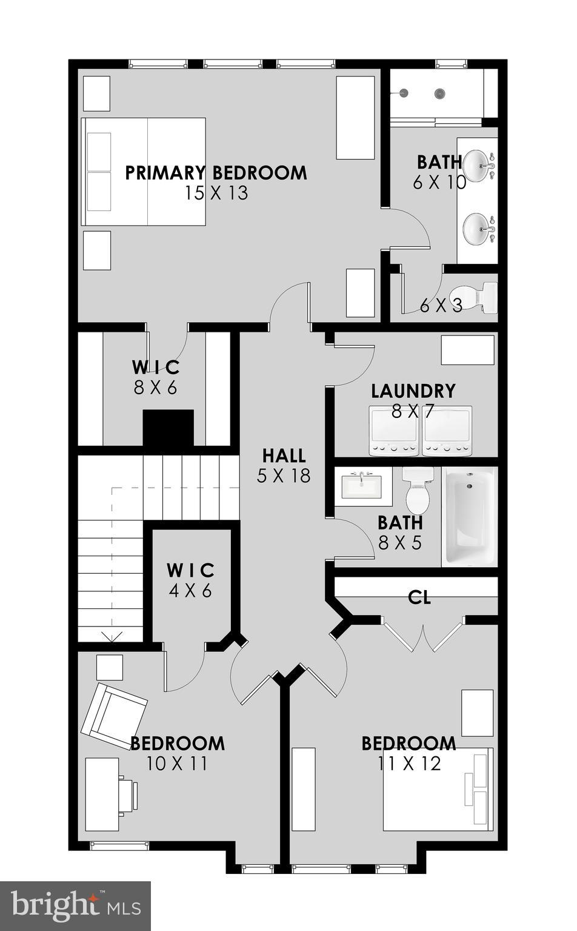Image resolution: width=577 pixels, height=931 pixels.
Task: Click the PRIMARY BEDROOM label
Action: [216, 173]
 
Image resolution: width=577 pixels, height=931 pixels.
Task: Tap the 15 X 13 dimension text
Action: [216, 193]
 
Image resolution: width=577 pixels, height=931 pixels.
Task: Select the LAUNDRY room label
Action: [413, 391]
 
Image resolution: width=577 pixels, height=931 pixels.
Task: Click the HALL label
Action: [284, 455]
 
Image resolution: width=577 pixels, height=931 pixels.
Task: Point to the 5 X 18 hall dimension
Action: [284, 476]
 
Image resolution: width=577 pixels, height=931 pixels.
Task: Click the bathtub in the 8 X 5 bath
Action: [469, 517]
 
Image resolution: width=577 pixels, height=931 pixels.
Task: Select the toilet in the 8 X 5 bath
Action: [417, 490]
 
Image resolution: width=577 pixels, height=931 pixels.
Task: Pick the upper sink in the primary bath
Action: [478, 163]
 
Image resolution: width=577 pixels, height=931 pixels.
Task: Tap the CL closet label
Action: [419, 598]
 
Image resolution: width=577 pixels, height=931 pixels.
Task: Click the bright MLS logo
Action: [76, 906]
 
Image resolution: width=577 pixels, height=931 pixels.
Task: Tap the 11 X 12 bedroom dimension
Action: [409, 764]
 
